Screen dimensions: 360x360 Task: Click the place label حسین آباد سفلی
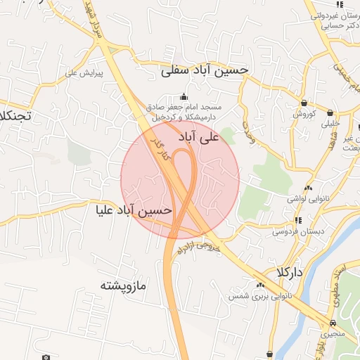[205, 71]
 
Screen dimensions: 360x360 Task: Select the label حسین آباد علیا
[134, 210]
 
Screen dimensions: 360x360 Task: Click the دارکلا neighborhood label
[290, 272]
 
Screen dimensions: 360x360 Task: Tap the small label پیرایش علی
[84, 72]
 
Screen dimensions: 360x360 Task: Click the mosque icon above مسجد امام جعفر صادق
[184, 97]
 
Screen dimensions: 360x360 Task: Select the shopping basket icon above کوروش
[306, 103]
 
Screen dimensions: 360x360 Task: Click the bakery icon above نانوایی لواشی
[307, 188]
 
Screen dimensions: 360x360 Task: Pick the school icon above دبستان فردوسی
[299, 220]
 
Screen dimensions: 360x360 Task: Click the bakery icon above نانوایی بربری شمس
[261, 285]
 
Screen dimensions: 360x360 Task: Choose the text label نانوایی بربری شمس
[259, 297]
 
